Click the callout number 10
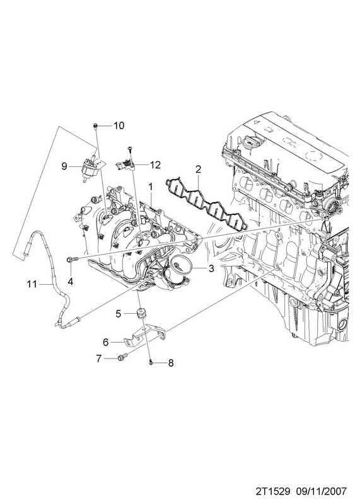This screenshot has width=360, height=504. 119,125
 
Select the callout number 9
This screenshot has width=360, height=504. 64,166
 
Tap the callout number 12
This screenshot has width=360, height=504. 154,165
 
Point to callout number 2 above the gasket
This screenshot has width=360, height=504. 198,169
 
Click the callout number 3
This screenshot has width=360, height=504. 211,268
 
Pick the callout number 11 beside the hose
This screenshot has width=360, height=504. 32,284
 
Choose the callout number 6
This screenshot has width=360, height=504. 105,342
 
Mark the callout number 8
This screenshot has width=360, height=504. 171,363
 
